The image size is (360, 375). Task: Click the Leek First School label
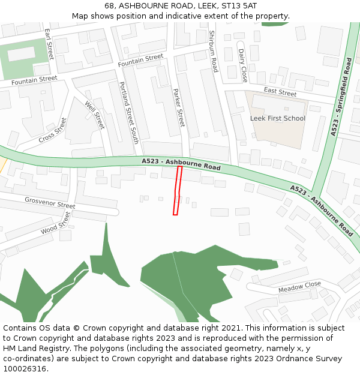277,118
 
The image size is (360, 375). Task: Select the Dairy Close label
242,65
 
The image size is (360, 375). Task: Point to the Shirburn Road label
213,52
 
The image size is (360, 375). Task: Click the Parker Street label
179,108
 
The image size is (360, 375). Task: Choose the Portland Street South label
129,113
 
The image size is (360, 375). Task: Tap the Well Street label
95,115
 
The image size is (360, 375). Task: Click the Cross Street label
53,131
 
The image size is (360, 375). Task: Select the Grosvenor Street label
50,202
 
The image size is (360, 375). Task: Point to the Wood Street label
56,222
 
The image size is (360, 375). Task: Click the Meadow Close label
299,287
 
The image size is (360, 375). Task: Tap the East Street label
280,92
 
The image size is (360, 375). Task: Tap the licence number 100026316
26,369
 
